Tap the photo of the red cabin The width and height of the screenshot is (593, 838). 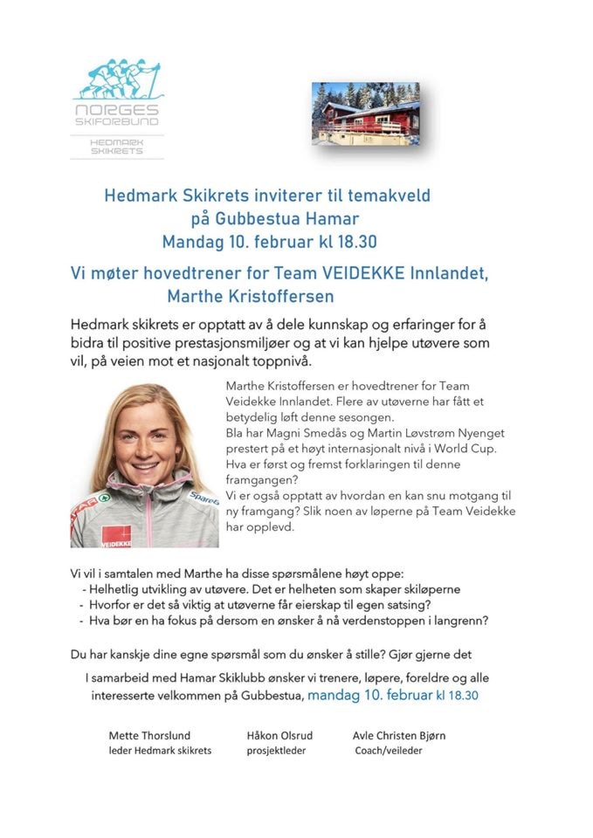(365, 113)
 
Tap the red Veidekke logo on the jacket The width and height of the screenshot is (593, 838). (115, 535)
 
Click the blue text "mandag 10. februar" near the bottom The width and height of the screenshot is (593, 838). (369, 696)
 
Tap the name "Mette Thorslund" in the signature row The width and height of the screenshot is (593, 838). (149, 735)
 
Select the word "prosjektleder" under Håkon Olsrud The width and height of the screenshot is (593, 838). (276, 750)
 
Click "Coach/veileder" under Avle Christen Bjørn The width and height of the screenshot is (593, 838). (389, 750)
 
